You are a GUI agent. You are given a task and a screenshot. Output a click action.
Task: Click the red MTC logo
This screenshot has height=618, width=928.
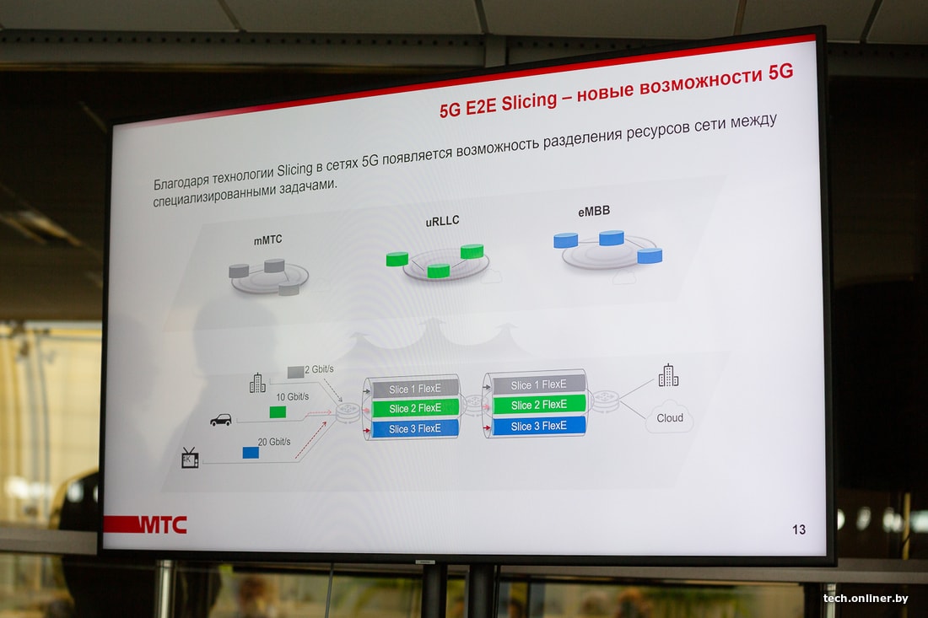coord(146,524)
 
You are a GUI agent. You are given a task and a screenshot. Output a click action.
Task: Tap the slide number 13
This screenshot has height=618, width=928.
coord(798,529)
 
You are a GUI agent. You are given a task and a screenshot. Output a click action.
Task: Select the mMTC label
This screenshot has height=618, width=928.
coord(267,239)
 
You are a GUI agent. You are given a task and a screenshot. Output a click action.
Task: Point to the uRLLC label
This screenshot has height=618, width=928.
coord(442,221)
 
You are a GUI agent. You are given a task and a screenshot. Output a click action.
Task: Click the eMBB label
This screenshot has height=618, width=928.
coord(594,211)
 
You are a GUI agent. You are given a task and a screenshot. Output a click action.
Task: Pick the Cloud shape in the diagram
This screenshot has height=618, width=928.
coord(669,417)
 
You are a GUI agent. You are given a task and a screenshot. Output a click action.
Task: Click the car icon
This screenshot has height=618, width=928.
coord(221,419)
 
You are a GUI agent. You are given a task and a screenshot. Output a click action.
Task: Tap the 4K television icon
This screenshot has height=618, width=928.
coord(189,458)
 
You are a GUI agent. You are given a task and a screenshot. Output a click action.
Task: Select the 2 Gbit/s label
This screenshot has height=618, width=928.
coord(319,369)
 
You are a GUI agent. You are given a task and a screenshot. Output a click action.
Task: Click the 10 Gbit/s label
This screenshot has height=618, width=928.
coord(293,397)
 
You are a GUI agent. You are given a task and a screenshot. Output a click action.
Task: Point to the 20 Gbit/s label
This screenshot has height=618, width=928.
coord(274,442)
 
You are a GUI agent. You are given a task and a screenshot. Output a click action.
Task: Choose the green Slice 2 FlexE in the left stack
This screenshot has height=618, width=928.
coord(415,408)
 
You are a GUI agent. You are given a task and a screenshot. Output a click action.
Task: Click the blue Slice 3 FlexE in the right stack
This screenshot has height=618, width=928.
coord(538,426)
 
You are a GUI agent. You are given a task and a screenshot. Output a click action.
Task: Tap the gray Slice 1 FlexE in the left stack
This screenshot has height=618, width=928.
coord(415,389)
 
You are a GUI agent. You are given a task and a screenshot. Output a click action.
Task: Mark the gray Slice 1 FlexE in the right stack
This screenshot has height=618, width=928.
coord(538,384)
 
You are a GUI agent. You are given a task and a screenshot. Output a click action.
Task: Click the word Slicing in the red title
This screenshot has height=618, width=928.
coord(529,102)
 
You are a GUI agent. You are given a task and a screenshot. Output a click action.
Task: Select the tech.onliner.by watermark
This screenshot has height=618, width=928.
coord(866,598)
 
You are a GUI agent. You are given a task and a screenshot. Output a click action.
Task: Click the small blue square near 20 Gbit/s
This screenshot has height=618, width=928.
coord(251,453)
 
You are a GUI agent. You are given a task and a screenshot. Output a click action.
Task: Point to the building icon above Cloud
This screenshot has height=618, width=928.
coord(668,375)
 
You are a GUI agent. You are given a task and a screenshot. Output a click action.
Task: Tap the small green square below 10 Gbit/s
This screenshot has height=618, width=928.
coord(278,412)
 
